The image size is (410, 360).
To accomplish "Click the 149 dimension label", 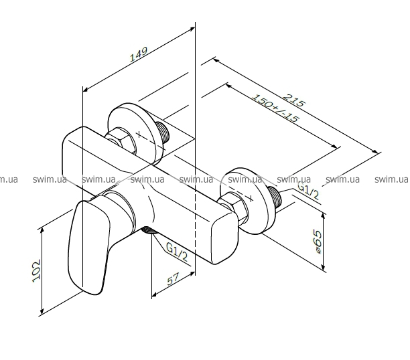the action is (139, 54).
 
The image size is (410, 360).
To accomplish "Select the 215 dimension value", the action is (294, 100).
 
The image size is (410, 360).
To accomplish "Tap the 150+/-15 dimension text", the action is (275, 108).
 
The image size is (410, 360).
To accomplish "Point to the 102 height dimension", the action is (36, 270).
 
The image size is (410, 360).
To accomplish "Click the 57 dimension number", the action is (174, 279).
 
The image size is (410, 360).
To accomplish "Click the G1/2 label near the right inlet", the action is (309, 191).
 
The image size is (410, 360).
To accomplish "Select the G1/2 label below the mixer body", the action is (177, 252).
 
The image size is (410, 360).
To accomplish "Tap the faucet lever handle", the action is (88, 247).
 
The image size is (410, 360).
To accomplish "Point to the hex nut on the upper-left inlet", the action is (121, 140).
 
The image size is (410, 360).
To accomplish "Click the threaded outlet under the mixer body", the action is (148, 230).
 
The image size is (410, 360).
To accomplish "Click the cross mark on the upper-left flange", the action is (139, 134).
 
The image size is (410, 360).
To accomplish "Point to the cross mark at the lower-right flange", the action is (251, 199).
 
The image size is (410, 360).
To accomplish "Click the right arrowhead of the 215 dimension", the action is (375, 151).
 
